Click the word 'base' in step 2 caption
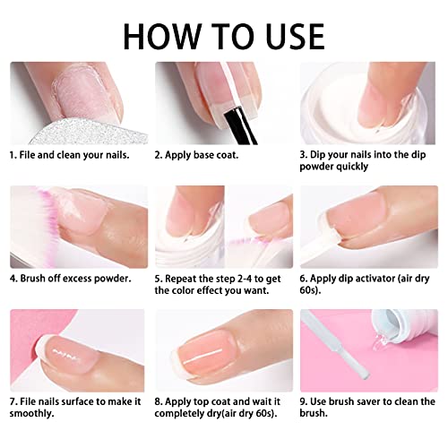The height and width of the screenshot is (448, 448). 205,155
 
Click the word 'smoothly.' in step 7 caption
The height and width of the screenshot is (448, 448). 31,413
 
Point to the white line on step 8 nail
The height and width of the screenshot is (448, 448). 203,357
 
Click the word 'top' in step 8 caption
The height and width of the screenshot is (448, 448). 202,402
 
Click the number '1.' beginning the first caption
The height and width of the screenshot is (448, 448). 13,155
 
